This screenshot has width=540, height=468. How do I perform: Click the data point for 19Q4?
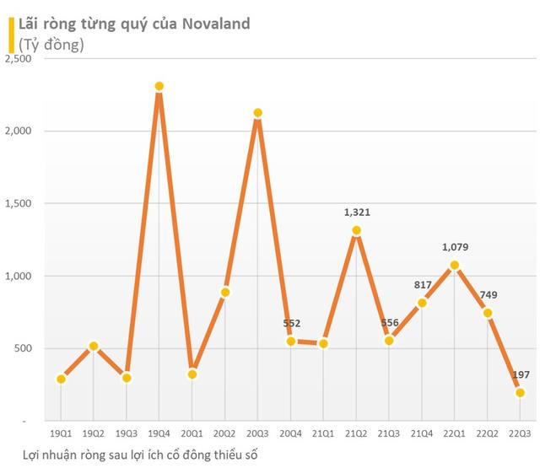coord(159,87)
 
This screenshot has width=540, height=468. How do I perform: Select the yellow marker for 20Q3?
coord(257,113)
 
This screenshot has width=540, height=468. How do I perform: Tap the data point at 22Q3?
coord(520,392)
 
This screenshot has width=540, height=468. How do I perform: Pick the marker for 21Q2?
coord(356,230)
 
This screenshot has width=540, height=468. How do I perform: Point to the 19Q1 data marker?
coord(61,379)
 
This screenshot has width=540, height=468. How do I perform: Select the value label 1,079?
coord(455,248)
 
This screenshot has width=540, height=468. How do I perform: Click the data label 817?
coord(422,285)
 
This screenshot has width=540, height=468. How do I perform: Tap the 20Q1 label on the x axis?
coord(192,433)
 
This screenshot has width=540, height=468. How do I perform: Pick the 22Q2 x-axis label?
coord(487,433)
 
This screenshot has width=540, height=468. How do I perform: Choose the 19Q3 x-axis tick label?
coord(127,433)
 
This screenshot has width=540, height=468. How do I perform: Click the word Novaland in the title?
coord(213,24)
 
